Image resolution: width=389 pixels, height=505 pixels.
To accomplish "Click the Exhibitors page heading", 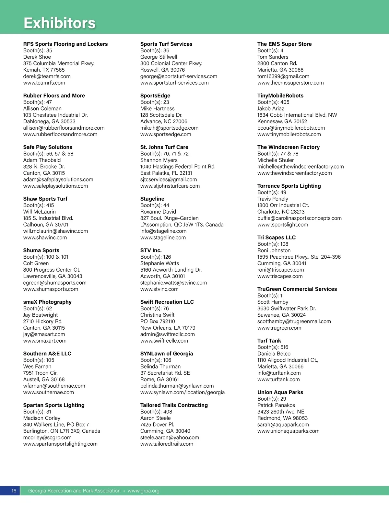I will tap(60, 23).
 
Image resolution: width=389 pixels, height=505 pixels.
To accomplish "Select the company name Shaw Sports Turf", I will tap(45, 199).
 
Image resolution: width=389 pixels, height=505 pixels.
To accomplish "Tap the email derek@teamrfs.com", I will tap(47, 76).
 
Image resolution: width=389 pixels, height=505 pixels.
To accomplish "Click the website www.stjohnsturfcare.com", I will tap(170, 186).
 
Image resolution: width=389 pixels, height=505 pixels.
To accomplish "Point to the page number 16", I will tap(14, 491).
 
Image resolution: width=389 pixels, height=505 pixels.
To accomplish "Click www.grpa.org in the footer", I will tap(143, 491).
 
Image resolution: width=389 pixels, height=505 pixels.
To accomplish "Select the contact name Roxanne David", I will tap(158, 212).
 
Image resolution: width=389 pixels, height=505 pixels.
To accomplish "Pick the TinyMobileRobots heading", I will tap(280, 96).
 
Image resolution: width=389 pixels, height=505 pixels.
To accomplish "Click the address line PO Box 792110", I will tap(158, 321).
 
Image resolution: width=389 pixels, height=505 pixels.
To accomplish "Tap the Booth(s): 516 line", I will tap(273, 347).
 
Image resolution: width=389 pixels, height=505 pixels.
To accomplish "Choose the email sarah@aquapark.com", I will tap(283, 425).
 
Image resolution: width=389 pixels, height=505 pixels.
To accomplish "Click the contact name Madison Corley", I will tap(42, 418).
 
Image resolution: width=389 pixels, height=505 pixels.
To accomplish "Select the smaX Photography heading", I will tap(47, 302).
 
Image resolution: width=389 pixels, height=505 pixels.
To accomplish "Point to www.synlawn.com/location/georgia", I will tap(183, 392).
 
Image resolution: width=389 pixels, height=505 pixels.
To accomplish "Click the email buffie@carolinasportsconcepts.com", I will tap(300, 218).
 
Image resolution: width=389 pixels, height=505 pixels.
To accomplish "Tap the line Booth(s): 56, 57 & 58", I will tap(48, 154).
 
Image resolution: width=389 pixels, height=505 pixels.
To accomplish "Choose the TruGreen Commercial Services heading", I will tap(297, 289).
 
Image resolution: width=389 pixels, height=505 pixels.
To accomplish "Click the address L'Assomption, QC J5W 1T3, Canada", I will tap(182, 225).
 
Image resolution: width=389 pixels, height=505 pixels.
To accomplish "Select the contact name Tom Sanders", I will tap(273, 57).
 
